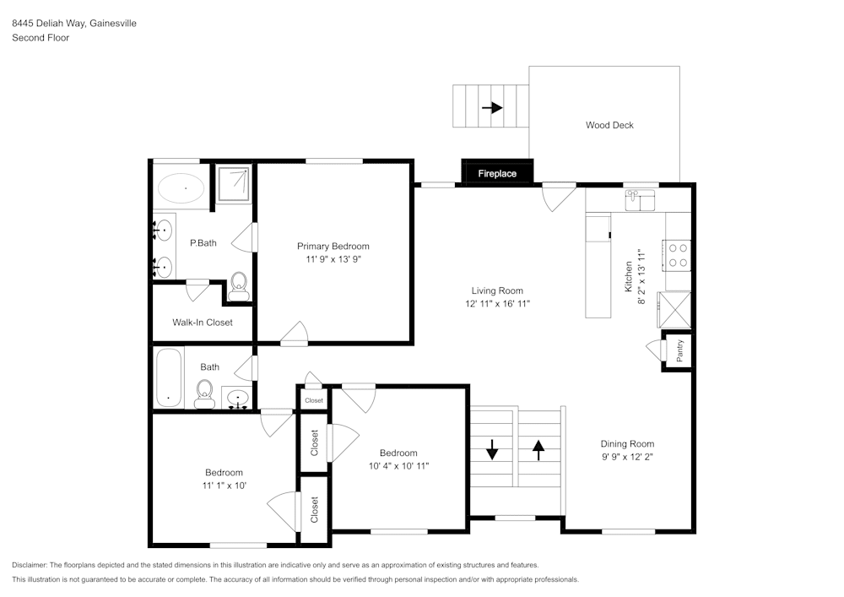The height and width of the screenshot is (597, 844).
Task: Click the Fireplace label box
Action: tap(497, 173)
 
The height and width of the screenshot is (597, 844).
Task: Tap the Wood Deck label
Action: tap(609, 125)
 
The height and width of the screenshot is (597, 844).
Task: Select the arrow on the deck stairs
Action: tap(491, 107)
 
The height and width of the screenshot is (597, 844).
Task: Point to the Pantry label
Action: tap(679, 350)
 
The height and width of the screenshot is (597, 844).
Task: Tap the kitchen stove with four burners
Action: tap(678, 254)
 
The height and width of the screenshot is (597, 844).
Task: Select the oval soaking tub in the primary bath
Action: tap(181, 187)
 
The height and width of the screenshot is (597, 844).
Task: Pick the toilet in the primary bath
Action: tap(239, 285)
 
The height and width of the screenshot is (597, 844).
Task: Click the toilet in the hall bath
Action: tap(203, 393)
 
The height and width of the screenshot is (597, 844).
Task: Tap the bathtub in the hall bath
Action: tap(169, 377)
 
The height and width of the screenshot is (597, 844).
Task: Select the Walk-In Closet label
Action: tap(202, 323)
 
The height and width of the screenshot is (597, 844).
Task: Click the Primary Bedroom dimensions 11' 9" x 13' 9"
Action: tap(333, 260)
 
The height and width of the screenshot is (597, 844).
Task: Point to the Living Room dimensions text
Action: tap(497, 303)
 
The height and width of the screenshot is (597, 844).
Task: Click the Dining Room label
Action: tap(627, 444)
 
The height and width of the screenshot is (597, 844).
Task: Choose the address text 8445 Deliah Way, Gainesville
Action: tap(74, 24)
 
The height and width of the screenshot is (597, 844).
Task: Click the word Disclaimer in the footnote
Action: tap(30, 565)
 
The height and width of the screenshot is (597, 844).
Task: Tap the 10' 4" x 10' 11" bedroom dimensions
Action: tap(398, 466)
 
